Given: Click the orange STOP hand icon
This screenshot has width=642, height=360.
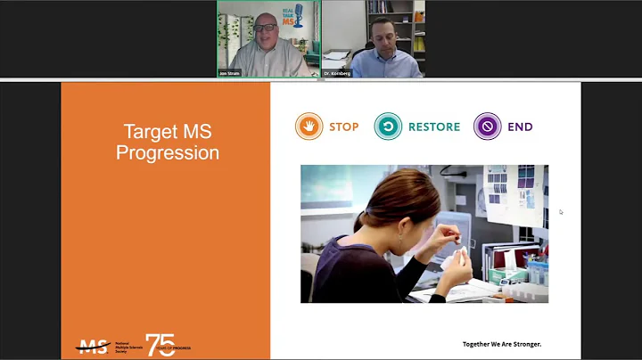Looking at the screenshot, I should coord(309,127).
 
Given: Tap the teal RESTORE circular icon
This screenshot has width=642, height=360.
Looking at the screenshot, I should coord(388,127).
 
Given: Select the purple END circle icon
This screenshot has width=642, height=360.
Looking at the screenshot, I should coord(487,127).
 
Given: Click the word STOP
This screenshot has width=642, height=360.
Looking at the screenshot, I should coord(343,127).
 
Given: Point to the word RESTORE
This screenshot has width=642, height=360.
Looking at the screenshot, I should coord(434,127).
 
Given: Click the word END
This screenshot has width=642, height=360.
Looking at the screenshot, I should coord(520,127).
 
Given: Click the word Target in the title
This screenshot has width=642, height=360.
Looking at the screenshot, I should coord(146,133).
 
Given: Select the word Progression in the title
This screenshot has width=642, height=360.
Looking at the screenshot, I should coord(168,152).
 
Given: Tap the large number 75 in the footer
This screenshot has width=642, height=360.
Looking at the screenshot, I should coord(160,345).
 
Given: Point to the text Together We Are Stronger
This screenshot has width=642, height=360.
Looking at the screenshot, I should coord(501,344).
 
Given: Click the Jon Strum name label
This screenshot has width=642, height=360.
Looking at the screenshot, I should coord(229,73).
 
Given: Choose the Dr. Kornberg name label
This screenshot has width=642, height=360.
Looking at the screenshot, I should coord(338,73).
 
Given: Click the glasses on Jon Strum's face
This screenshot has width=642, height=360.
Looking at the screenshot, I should coord(264,28).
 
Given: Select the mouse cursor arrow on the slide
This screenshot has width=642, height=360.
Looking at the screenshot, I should coord(561,212).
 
